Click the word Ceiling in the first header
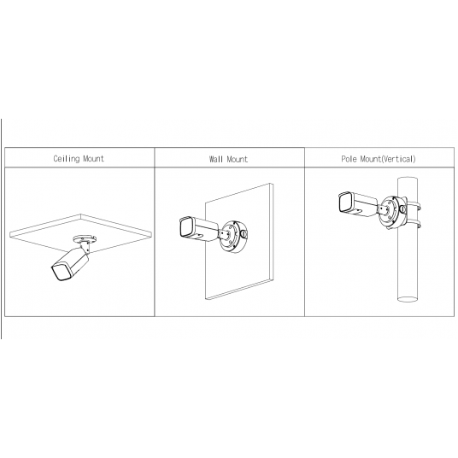(68, 159)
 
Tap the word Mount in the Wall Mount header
(238, 159)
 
